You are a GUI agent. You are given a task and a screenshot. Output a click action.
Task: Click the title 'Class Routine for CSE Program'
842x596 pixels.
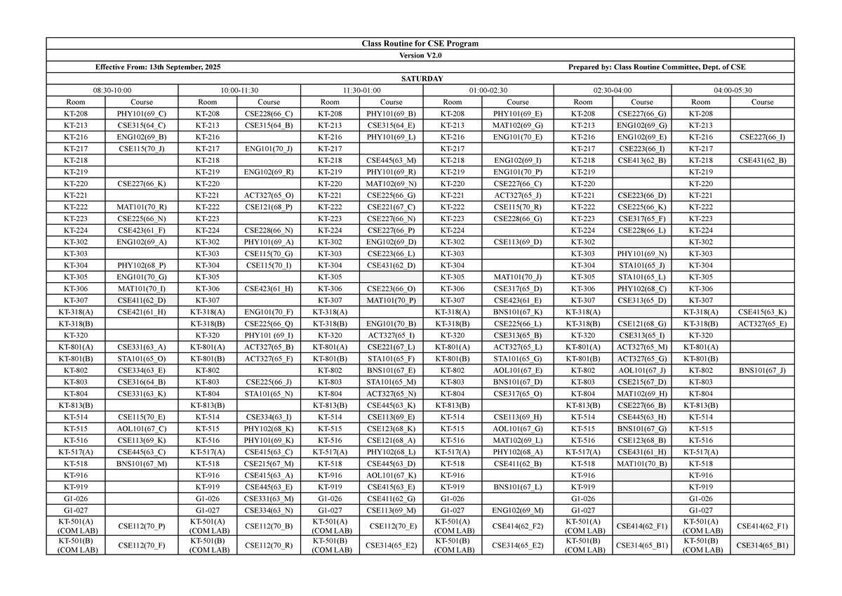pyautogui.click(x=420, y=44)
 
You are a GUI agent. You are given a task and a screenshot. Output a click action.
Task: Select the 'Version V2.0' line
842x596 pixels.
pyautogui.click(x=420, y=55)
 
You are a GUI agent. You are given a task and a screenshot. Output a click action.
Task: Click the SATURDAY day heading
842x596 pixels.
pyautogui.click(x=420, y=79)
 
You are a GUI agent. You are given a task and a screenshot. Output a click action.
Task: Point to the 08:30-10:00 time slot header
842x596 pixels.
pyautogui.click(x=112, y=90)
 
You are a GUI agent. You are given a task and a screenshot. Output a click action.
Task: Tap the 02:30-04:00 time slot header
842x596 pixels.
pyautogui.click(x=612, y=90)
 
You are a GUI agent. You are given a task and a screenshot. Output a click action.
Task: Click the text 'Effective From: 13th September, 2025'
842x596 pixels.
pyautogui.click(x=158, y=67)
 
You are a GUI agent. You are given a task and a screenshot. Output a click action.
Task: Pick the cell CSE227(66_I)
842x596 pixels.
pyautogui.click(x=762, y=137)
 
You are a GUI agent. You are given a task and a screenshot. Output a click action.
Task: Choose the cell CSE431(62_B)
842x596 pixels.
pyautogui.click(x=762, y=160)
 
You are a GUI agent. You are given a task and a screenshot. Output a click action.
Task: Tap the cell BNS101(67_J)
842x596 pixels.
pyautogui.click(x=762, y=370)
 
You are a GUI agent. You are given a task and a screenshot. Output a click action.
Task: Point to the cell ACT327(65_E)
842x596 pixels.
pyautogui.click(x=762, y=324)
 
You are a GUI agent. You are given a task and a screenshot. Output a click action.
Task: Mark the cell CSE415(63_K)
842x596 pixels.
pyautogui.click(x=762, y=312)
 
